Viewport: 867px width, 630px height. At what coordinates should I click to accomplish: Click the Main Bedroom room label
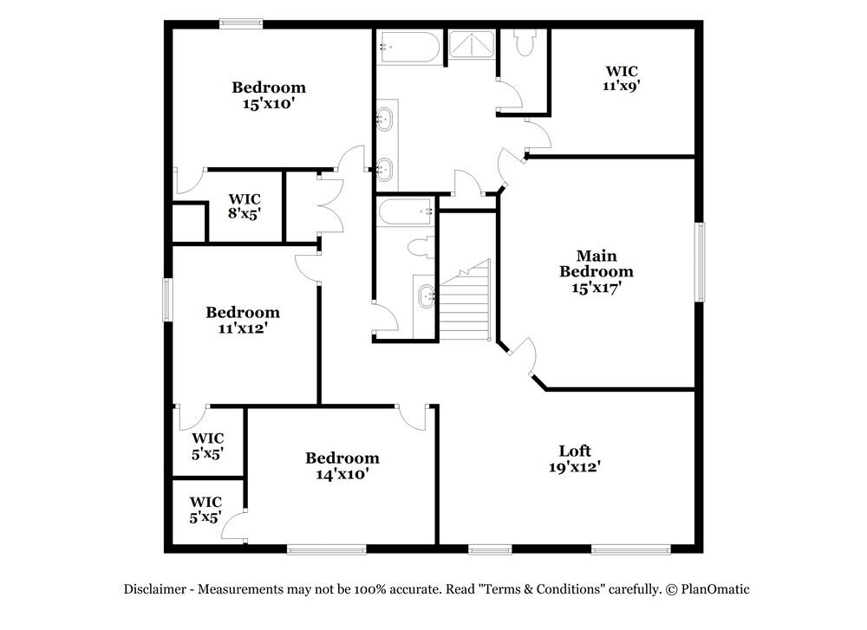596,263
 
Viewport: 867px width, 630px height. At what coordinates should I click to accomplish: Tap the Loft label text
575,451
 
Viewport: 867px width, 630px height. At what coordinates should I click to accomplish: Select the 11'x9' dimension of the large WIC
622,86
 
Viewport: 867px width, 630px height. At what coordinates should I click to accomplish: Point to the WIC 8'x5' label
244,204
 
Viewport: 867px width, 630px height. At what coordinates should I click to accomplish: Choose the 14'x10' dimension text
342,474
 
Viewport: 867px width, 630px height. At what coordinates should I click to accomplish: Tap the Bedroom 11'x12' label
243,320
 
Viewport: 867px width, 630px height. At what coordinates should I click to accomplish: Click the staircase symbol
463,299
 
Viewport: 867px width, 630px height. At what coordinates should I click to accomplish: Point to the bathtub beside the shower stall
409,47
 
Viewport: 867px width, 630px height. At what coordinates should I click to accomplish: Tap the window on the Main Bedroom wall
699,263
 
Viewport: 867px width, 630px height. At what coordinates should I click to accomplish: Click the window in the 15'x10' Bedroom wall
240,24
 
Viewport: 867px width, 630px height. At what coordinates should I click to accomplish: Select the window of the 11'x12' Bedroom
168,300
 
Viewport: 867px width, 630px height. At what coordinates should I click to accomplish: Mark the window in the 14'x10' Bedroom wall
327,549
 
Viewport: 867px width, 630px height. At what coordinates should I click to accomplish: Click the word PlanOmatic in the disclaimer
714,589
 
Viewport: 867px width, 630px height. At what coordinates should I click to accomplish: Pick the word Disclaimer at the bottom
154,589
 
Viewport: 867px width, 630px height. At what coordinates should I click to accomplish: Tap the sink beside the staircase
427,296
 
